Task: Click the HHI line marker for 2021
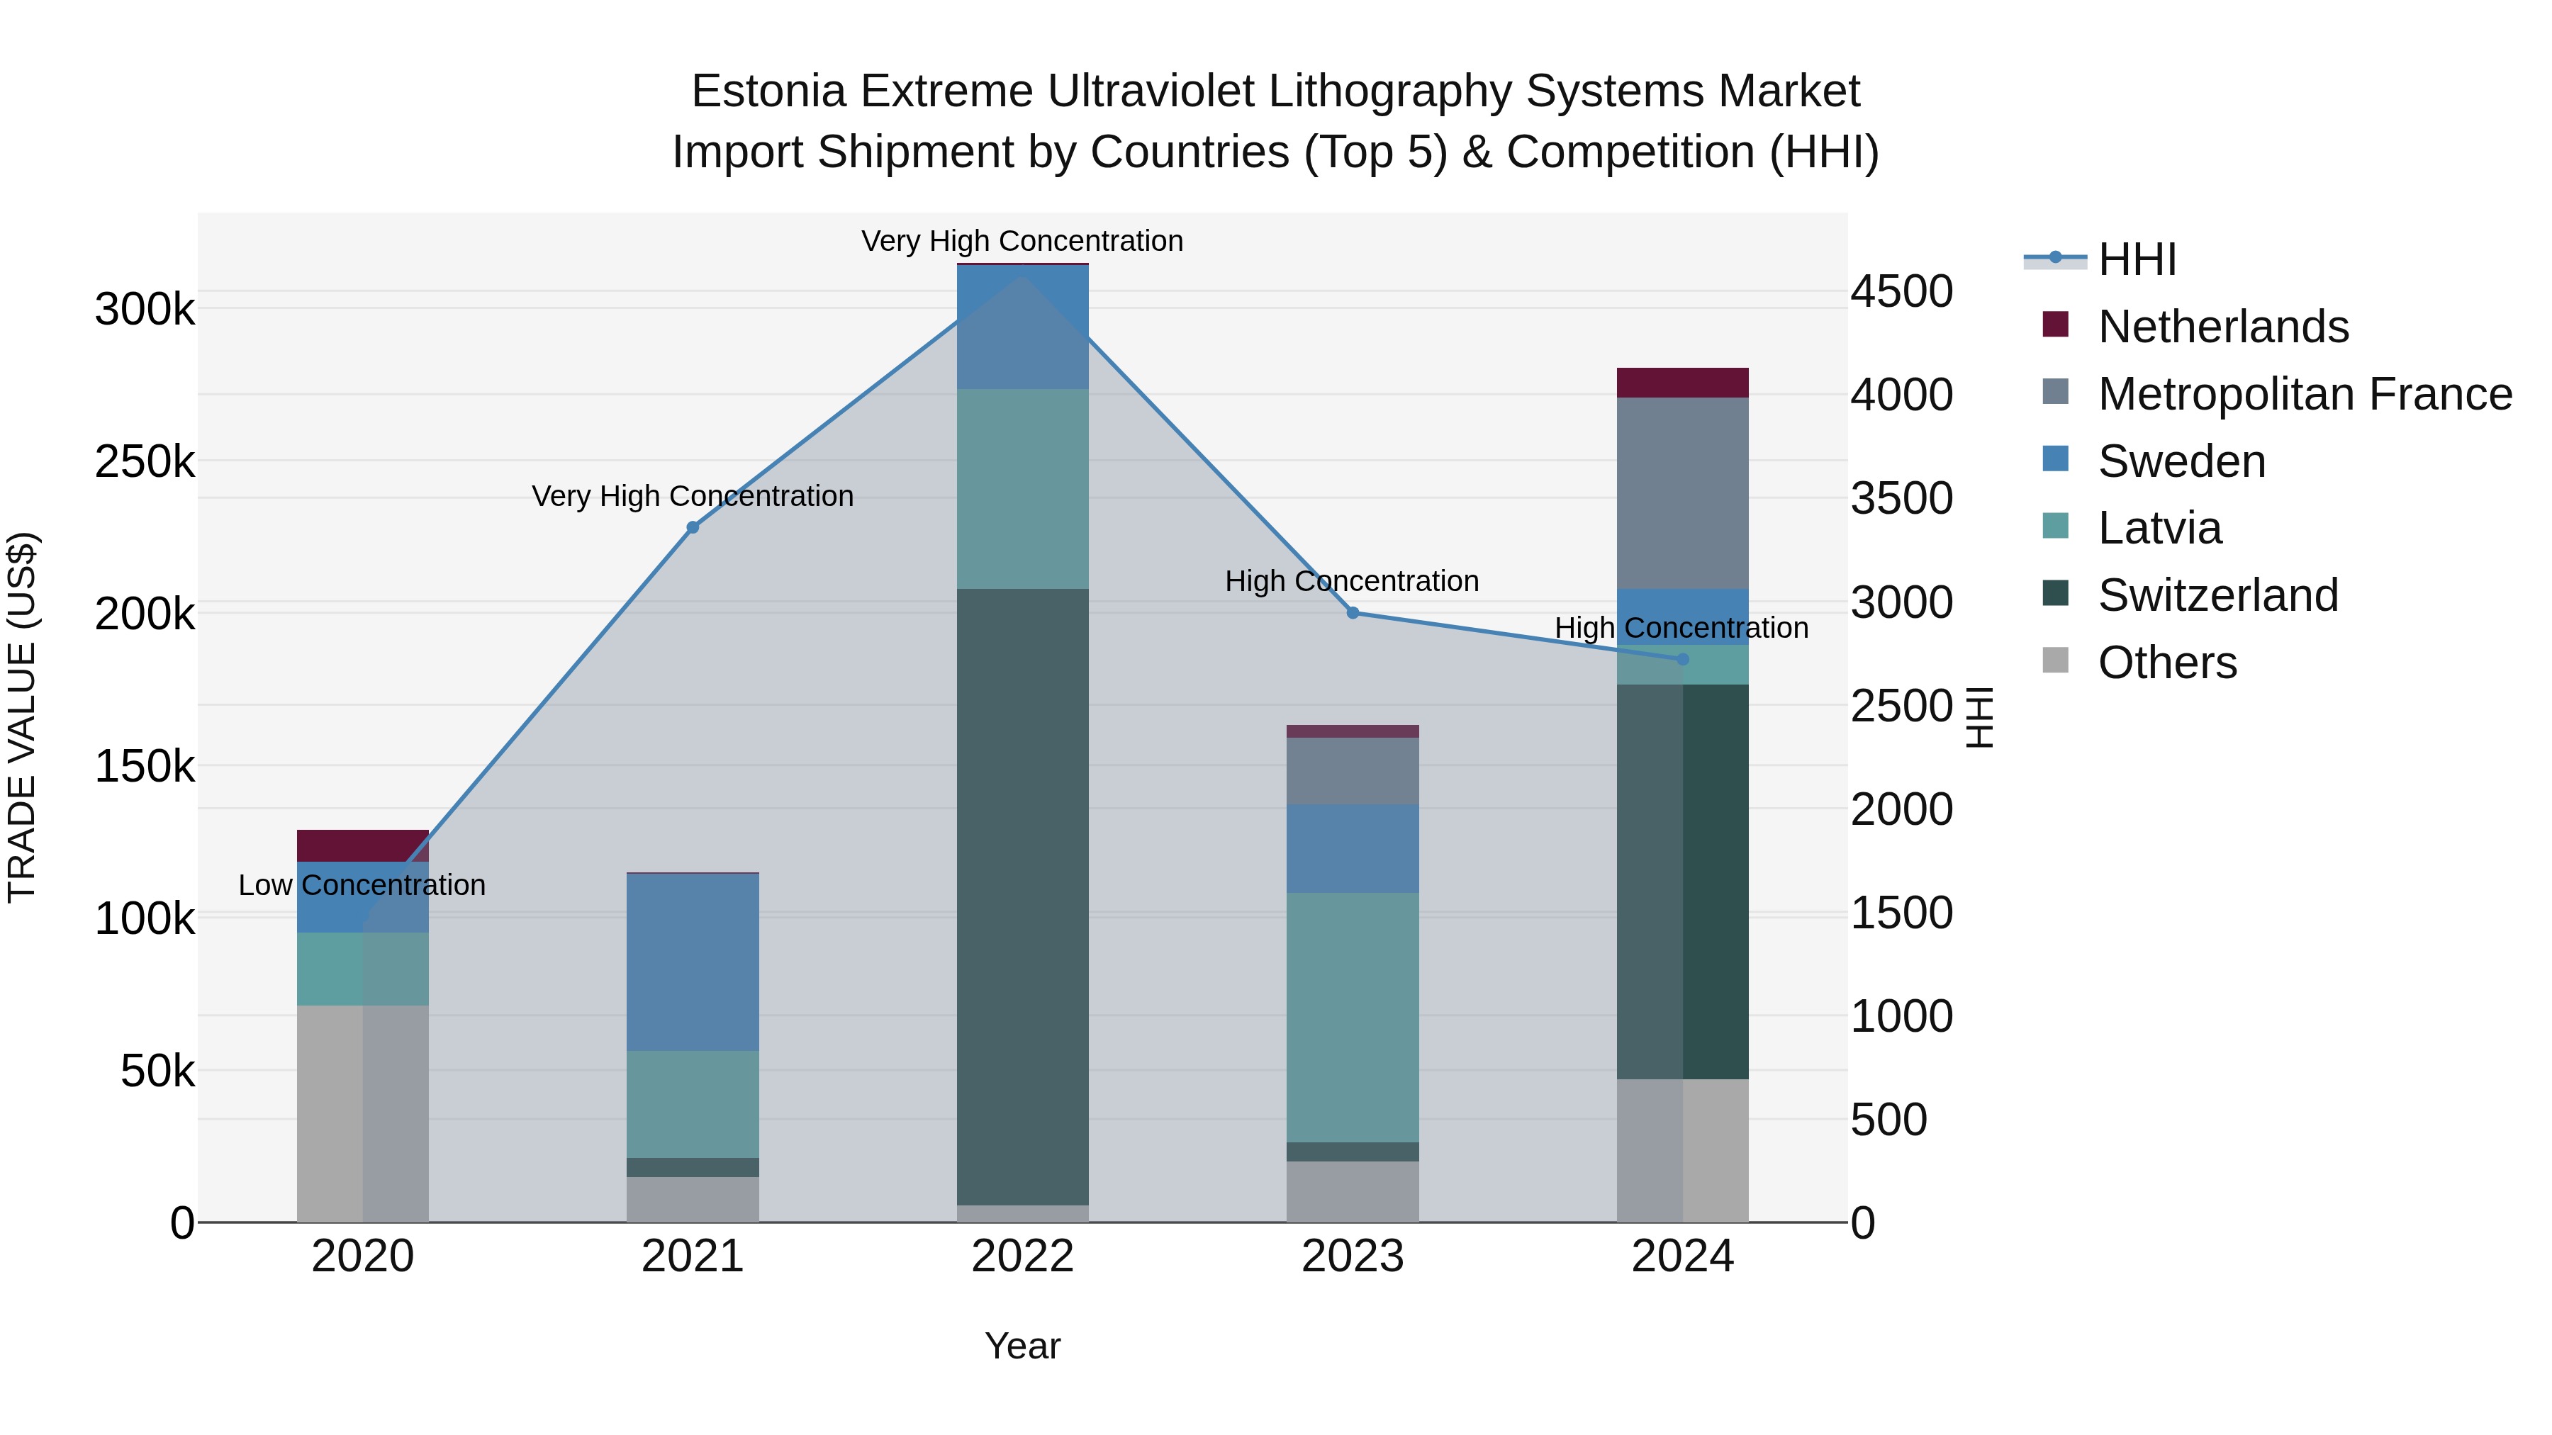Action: point(693,527)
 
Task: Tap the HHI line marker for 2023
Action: point(1353,613)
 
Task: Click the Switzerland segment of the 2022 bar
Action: point(1022,891)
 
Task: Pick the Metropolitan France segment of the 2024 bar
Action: point(1682,493)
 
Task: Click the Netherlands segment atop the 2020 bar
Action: point(362,845)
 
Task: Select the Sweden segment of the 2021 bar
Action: point(693,962)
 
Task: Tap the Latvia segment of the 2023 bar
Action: point(1353,1017)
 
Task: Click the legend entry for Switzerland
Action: point(2217,595)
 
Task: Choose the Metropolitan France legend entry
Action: point(2305,394)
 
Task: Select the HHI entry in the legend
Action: point(2136,259)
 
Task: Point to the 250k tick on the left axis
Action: point(145,461)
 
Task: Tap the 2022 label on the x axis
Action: point(1022,1256)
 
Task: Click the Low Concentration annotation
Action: point(362,885)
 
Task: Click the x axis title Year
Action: point(1022,1346)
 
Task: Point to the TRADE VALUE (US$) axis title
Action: point(22,717)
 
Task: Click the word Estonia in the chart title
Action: point(768,91)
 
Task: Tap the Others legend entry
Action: point(2166,663)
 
